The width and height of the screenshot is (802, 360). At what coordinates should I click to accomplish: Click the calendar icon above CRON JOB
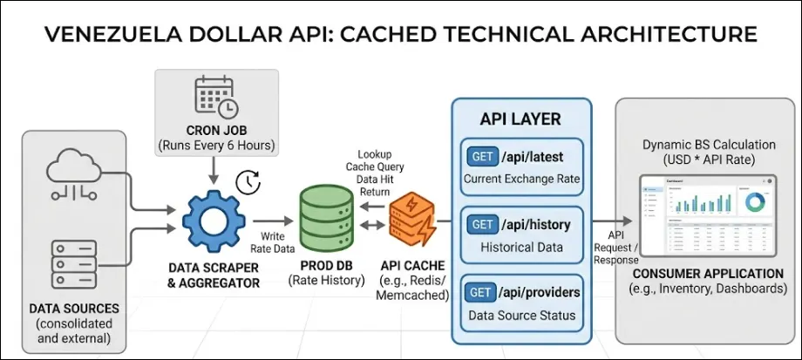point(214,96)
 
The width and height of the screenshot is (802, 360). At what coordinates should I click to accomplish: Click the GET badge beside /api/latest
point(482,157)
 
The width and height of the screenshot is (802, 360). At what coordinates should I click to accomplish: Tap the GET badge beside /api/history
point(482,225)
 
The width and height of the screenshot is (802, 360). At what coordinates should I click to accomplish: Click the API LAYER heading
point(520,119)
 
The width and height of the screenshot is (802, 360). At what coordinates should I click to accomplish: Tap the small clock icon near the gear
point(248,181)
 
